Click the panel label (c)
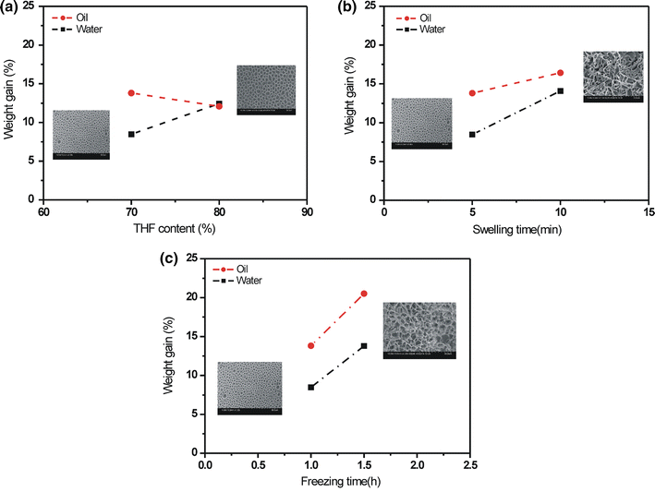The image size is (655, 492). click(x=166, y=258)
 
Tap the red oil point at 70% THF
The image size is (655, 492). click(x=131, y=92)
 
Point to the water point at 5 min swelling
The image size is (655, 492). click(x=472, y=134)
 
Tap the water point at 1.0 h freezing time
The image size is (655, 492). click(x=311, y=387)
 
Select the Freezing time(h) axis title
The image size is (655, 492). click(x=337, y=482)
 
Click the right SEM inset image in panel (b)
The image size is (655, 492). click(x=613, y=77)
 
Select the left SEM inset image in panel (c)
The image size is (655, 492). click(x=249, y=388)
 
